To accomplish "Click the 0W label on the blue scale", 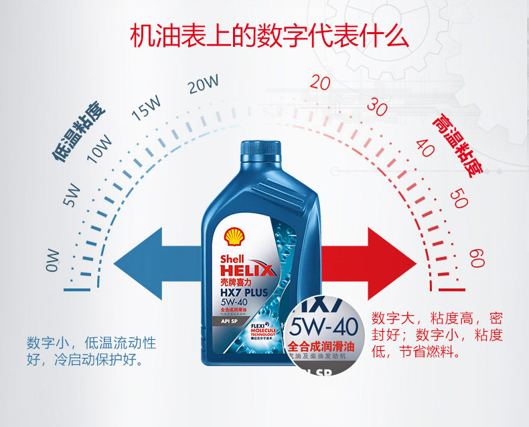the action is pyautogui.click(x=53, y=260).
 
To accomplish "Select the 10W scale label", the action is pyautogui.click(x=98, y=148).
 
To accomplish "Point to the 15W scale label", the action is pyautogui.click(x=147, y=108).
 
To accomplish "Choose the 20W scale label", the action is pyautogui.click(x=203, y=85).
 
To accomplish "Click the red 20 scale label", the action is pyautogui.click(x=320, y=84).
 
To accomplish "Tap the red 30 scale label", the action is pyautogui.click(x=378, y=106).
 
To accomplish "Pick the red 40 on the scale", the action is pyautogui.click(x=425, y=147).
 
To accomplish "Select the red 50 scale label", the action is pyautogui.click(x=459, y=198).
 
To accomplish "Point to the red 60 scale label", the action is pyautogui.click(x=476, y=258).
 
